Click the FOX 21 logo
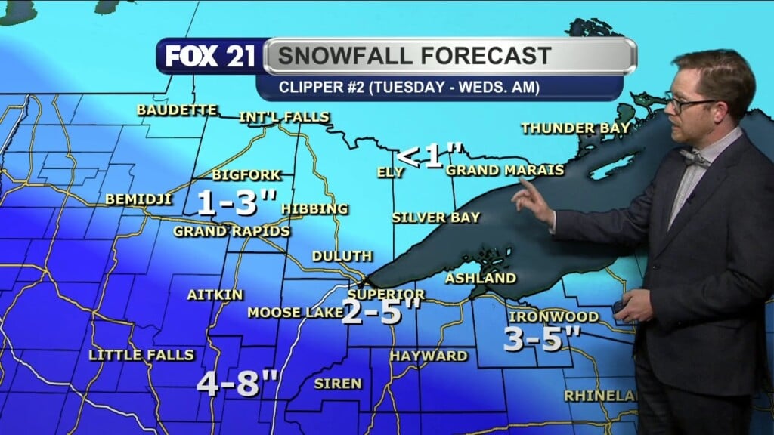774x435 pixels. pyautogui.click(x=210, y=56)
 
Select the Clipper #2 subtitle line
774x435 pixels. pyautogui.click(x=409, y=88)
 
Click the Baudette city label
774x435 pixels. pyautogui.click(x=176, y=110)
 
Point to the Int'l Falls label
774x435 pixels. pyautogui.click(x=284, y=117)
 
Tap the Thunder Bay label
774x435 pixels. pyautogui.click(x=575, y=128)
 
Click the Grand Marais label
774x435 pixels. pyautogui.click(x=505, y=171)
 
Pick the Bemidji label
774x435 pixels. pyautogui.click(x=139, y=200)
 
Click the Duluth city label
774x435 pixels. pyautogui.click(x=342, y=256)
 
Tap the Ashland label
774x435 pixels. pyautogui.click(x=480, y=278)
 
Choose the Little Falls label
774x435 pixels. pyautogui.click(x=141, y=355)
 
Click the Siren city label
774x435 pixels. pyautogui.click(x=338, y=384)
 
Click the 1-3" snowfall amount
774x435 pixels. pyautogui.click(x=234, y=202)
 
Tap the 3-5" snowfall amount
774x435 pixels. pyautogui.click(x=541, y=340)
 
